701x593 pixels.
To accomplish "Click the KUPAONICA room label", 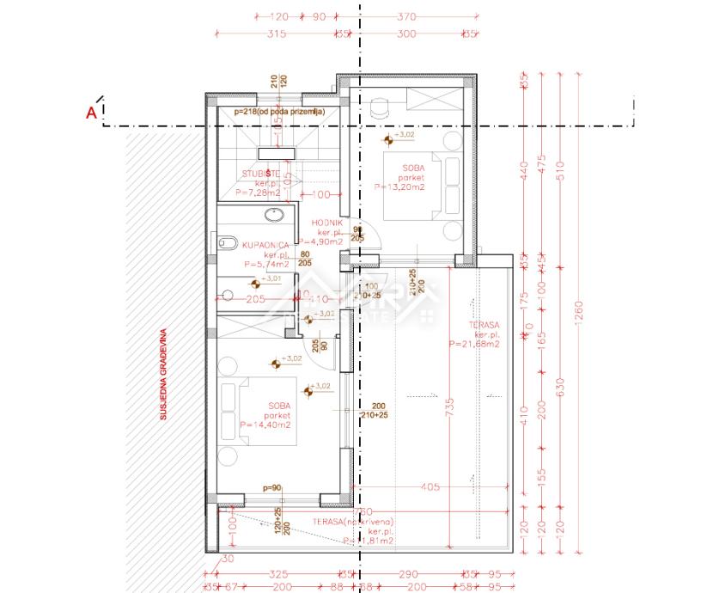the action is [241, 243].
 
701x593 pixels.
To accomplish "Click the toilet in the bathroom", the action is [226, 244].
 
